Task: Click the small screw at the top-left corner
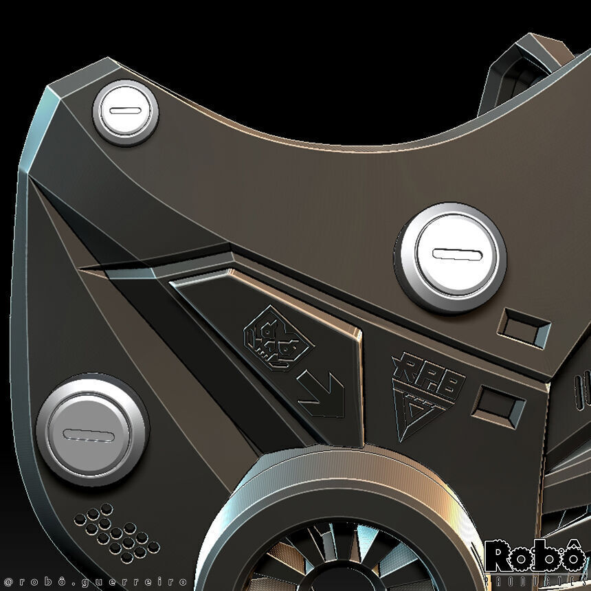tap(126, 112)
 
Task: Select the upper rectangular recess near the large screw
tap(525, 327)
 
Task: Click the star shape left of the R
tap(399, 362)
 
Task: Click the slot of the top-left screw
tap(126, 111)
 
